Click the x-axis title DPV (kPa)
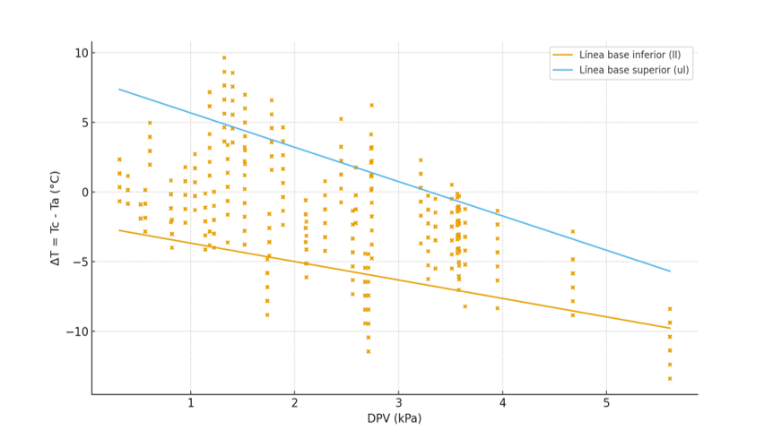pos(394,418)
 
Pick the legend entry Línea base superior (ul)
pos(634,69)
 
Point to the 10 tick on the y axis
pos(82,53)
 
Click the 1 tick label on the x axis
pos(190,403)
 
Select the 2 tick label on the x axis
pos(294,403)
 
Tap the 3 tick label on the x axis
pos(398,403)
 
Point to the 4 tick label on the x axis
pos(502,403)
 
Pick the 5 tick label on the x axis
pos(606,403)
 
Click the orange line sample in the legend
pos(563,55)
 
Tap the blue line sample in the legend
pos(563,69)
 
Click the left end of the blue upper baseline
pos(119,89)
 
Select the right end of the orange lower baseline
pos(670,328)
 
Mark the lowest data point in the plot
pos(669,378)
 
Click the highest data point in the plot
pos(224,58)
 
